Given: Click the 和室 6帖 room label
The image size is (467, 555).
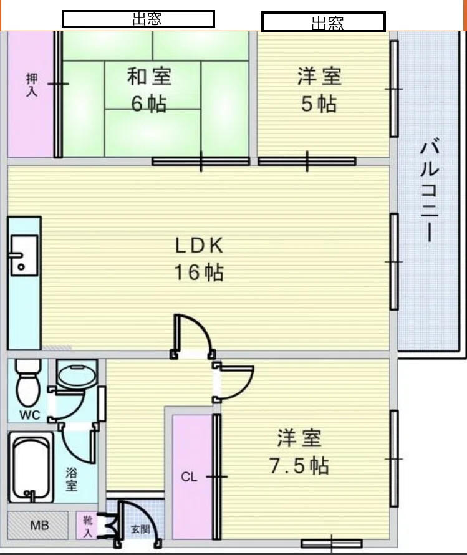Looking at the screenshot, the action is tap(149, 90).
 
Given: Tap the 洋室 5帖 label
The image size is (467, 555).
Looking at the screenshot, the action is tap(319, 90).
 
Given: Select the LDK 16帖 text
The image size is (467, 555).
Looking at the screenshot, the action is tap(199, 259).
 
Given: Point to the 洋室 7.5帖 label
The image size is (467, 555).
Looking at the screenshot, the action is tap(299, 451).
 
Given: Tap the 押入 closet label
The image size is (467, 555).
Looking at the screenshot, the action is tap(32, 85).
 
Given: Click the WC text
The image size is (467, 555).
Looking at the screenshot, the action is tap(29, 415).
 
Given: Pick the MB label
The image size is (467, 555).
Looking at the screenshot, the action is tap(39, 525).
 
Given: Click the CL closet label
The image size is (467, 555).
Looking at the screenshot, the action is tap(189, 477).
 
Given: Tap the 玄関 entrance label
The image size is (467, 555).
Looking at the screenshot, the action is tap(140, 529).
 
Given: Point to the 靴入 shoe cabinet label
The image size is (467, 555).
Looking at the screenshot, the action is tap(87, 526).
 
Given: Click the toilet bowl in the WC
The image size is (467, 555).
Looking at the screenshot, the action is tap(28, 383).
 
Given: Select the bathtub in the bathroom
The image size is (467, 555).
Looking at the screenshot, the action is tap(31, 467).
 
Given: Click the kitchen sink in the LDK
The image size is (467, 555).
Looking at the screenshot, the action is tap(24, 255).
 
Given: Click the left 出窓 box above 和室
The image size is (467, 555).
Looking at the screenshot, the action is tap(138, 19).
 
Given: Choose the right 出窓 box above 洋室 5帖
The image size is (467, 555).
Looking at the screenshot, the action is tap(324, 22).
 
